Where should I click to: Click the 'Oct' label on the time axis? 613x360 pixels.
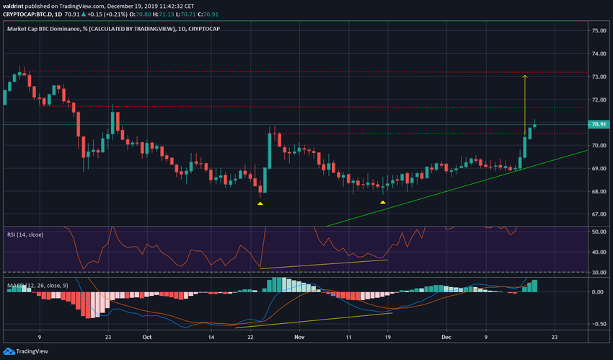tap(147, 335)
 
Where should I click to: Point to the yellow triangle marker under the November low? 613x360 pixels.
tap(382, 203)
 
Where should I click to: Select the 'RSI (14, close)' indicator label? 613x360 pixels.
tap(28, 233)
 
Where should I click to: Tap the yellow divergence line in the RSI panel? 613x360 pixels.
tap(325, 264)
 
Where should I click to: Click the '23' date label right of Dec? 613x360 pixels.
tap(553, 335)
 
